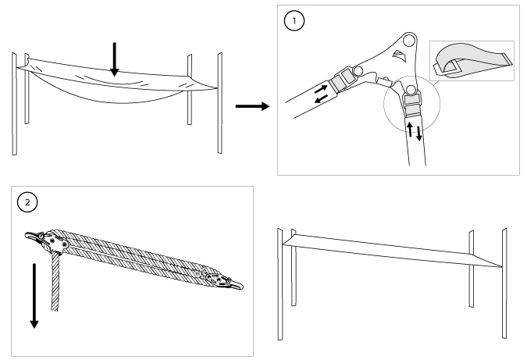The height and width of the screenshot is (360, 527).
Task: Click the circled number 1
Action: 294,21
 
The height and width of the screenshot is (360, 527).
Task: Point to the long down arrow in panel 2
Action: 33,297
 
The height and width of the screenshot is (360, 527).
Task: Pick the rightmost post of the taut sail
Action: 504,284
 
